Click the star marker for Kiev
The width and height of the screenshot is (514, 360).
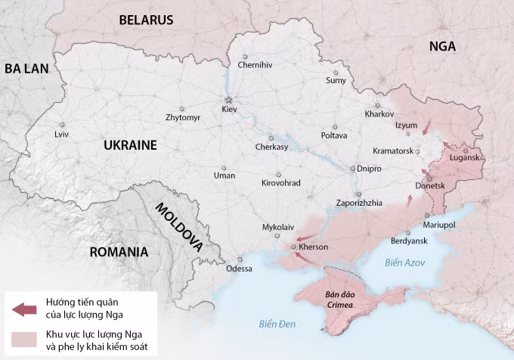pos(228,100)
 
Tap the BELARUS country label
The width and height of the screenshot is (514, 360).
pos(146,20)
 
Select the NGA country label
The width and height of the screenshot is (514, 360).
pos(442,46)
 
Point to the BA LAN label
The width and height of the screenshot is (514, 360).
pos(26,68)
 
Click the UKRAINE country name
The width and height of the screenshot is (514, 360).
pos(130,144)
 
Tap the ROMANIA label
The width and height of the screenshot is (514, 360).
pos(118,252)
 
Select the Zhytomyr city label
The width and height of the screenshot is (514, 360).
pos(183,118)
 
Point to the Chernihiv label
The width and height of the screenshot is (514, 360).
pos(255,65)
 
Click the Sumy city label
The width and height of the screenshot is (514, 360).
pos(336,80)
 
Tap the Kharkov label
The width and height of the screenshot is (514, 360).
pos(379,114)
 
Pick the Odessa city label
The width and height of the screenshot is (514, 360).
pos(239,268)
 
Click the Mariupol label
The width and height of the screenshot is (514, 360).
pos(439,225)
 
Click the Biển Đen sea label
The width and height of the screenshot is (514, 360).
pos(275,325)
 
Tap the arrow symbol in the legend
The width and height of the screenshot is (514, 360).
pos(24,309)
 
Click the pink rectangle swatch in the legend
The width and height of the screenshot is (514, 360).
pos(24,338)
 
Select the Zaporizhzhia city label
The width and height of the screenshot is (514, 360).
pos(359,203)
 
